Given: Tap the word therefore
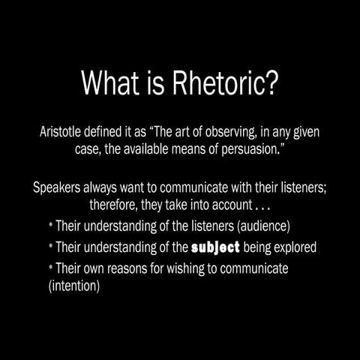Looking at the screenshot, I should coord(114,204).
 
